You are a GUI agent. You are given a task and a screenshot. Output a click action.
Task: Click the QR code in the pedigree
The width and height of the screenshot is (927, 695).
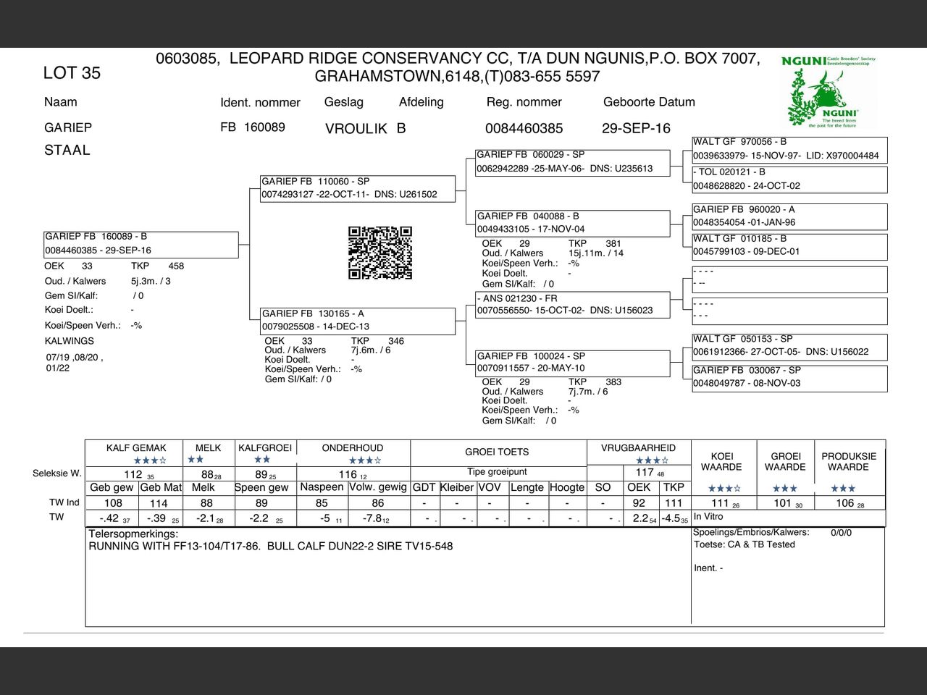380,253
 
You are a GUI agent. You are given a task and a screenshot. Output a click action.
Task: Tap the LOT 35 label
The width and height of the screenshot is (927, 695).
72,73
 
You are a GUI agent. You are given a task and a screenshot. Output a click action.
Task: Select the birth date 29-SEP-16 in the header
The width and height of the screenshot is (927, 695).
636,128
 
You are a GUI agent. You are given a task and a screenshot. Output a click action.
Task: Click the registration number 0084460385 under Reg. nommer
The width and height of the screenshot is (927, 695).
524,128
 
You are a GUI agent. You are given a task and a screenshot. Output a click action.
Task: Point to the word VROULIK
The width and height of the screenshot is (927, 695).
356,129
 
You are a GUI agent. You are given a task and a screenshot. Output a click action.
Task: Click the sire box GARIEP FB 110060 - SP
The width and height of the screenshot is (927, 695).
358,188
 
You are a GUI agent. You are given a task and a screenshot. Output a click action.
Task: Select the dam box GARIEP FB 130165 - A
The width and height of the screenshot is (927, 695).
358,320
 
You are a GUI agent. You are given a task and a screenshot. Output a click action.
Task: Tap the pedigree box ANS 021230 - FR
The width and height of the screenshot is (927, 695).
572,304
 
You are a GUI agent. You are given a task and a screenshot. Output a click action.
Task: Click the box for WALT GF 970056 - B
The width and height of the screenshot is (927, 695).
789,149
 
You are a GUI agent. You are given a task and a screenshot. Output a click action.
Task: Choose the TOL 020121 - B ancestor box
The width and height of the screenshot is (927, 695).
789,179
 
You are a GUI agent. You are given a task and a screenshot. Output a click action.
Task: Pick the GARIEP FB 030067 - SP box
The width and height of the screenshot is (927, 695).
789,376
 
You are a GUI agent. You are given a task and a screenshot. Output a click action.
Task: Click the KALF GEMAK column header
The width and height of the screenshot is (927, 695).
136,448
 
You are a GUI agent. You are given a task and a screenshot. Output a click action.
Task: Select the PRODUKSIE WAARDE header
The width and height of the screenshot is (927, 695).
849,462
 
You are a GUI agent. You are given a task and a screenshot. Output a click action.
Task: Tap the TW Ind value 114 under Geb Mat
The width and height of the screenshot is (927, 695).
159,503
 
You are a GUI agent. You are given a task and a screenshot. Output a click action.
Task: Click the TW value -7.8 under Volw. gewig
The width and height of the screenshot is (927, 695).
373,518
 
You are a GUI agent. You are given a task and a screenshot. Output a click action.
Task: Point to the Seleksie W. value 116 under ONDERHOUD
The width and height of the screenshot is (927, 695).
348,475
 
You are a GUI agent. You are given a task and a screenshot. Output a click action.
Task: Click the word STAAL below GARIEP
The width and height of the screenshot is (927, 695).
67,151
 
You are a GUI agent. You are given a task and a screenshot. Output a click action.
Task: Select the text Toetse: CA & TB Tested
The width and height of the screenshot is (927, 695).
744,544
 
